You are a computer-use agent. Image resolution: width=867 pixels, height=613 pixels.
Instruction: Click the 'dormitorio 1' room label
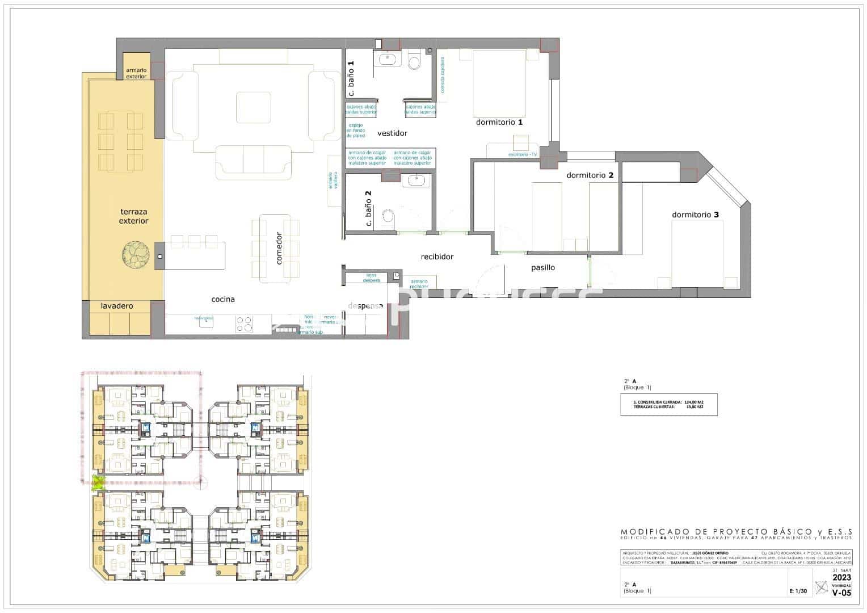point(499,122)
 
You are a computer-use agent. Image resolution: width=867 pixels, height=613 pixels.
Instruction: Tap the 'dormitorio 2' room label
point(590,175)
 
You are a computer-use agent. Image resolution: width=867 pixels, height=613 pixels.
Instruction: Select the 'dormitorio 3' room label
point(695,215)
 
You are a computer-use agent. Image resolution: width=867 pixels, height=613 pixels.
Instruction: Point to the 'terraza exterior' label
point(133,216)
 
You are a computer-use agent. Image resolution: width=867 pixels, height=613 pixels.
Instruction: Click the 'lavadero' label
point(117,306)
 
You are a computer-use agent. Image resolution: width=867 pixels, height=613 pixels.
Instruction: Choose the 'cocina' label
point(223,299)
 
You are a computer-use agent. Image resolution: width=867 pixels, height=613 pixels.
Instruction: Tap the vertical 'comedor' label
point(279,248)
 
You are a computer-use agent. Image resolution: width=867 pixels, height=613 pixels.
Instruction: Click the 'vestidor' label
point(392,133)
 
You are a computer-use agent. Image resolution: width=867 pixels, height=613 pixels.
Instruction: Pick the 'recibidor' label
point(437,257)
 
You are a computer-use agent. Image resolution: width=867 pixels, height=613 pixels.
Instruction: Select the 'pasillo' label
point(543,267)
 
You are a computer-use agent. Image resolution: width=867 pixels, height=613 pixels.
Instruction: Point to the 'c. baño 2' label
point(368,208)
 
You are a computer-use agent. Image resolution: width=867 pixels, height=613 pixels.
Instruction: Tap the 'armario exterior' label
point(136,73)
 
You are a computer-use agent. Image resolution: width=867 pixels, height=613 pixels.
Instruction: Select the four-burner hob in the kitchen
point(245,324)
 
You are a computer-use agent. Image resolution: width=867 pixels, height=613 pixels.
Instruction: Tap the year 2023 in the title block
point(841,577)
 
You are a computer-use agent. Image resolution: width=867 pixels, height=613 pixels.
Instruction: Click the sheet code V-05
point(841,593)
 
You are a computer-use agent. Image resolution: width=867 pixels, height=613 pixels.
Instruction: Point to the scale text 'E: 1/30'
point(798,591)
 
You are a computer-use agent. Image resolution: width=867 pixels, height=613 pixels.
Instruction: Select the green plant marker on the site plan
point(99,483)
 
